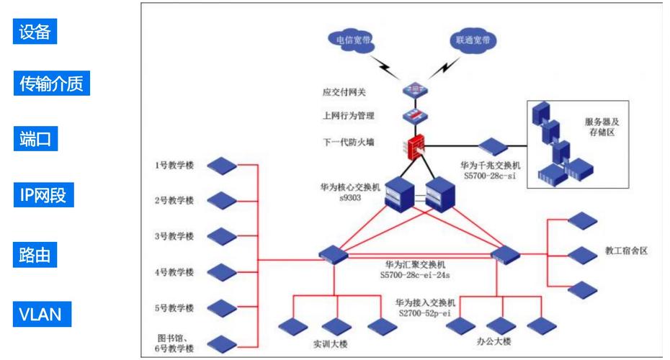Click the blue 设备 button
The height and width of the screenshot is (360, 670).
(35, 32)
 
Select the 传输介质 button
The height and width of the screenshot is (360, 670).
(50, 84)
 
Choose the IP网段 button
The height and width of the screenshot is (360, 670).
(44, 195)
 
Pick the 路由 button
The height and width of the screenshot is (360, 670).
(35, 255)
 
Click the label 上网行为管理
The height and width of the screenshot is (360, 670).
(349, 115)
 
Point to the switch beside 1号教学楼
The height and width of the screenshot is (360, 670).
(221, 166)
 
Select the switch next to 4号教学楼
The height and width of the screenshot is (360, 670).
(221, 272)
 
